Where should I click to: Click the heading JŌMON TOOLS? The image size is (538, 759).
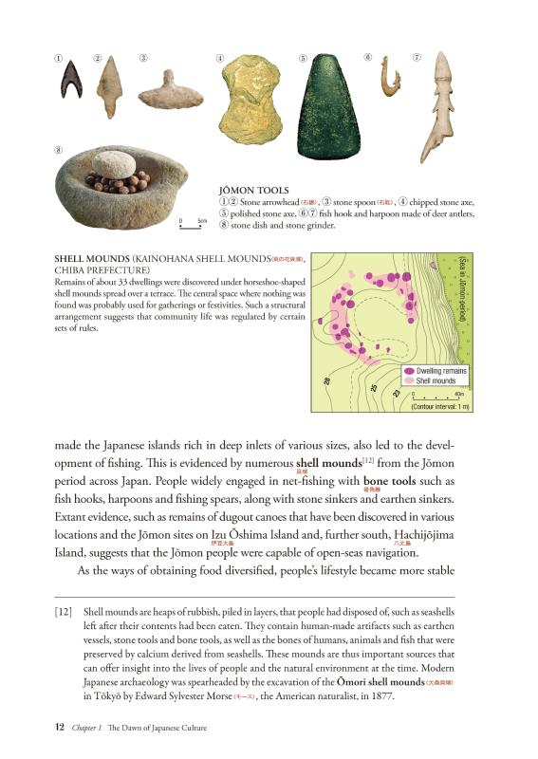click(253, 190)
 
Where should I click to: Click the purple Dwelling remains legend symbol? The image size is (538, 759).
click(409, 371)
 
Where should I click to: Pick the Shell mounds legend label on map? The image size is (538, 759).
click(436, 380)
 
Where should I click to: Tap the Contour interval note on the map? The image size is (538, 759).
click(439, 406)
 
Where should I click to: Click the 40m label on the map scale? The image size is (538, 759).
click(459, 393)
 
